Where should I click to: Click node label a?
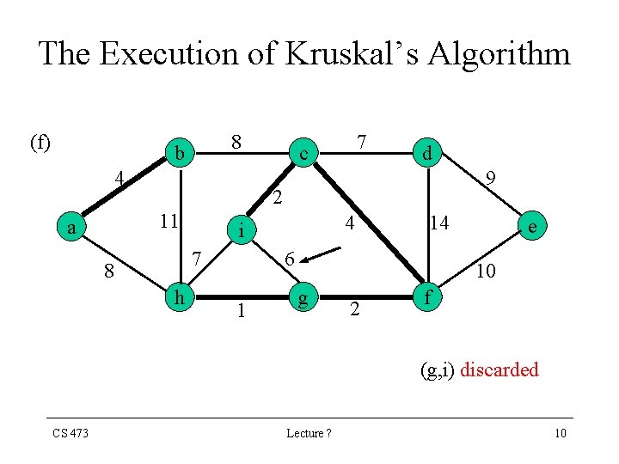(x=74, y=228)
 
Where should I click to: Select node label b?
(x=180, y=153)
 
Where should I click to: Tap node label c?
(x=303, y=154)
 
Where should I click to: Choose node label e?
(x=534, y=227)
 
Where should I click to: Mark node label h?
(x=180, y=297)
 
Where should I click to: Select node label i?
(x=242, y=230)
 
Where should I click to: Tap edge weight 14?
(x=440, y=223)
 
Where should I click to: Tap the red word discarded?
(x=499, y=370)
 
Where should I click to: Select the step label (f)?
(x=40, y=142)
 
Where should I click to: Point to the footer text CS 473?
(x=70, y=433)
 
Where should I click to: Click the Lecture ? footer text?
(x=309, y=433)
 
